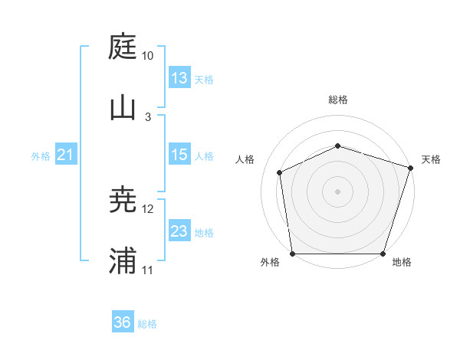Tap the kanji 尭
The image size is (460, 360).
click(x=123, y=200)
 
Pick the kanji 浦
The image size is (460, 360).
click(x=123, y=260)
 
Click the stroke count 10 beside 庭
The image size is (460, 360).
click(x=148, y=56)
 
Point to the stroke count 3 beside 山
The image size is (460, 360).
click(x=148, y=117)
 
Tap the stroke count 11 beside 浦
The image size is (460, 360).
click(x=148, y=270)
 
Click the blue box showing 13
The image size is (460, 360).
click(x=179, y=77)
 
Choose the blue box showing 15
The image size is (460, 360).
click(x=179, y=155)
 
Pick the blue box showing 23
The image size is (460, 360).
click(x=179, y=231)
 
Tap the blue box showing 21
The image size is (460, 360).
click(x=66, y=155)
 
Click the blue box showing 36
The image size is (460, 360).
click(x=123, y=322)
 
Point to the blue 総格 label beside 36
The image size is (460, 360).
click(x=148, y=324)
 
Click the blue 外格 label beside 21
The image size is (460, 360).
click(x=41, y=156)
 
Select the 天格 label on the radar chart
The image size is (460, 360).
click(x=431, y=159)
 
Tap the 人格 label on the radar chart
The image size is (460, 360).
click(x=245, y=159)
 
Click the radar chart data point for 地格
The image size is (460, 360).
click(x=383, y=254)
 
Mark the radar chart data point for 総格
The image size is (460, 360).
click(x=337, y=146)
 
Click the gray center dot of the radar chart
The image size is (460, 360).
click(x=337, y=191)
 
